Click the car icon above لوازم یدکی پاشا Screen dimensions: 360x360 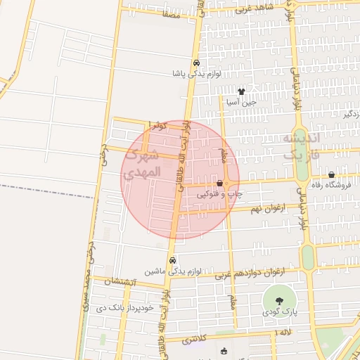click(196, 62)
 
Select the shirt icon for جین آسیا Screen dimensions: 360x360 click(242, 91)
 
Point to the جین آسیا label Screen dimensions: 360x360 click(241, 102)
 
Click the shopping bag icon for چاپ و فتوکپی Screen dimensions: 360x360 click(220, 184)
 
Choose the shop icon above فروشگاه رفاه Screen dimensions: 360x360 click(331, 174)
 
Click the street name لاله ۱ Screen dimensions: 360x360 click(284, 331)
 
